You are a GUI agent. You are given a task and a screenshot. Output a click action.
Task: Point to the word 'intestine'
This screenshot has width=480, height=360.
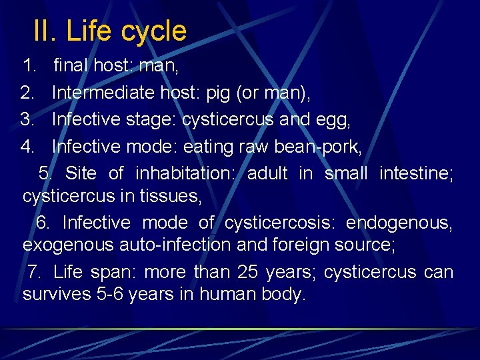pyautogui.click(x=416, y=173)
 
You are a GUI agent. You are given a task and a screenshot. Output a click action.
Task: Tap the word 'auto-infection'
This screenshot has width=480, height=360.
pyautogui.click(x=175, y=245)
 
